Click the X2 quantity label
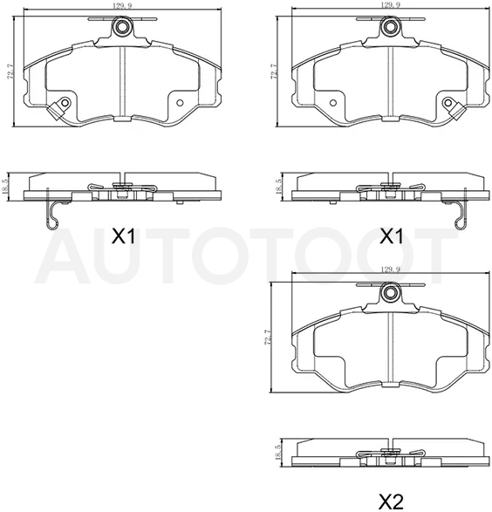pyautogui.click(x=391, y=501)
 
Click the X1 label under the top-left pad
pyautogui.click(x=123, y=236)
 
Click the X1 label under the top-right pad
pyautogui.click(x=392, y=236)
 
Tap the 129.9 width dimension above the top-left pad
pyautogui.click(x=122, y=6)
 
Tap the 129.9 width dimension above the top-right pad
pyautogui.click(x=391, y=4)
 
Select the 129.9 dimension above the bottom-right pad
pyautogui.click(x=391, y=270)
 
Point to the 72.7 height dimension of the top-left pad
pyautogui.click(x=10, y=71)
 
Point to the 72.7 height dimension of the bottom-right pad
pyautogui.click(x=267, y=337)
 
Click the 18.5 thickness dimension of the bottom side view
pyautogui.click(x=277, y=453)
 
